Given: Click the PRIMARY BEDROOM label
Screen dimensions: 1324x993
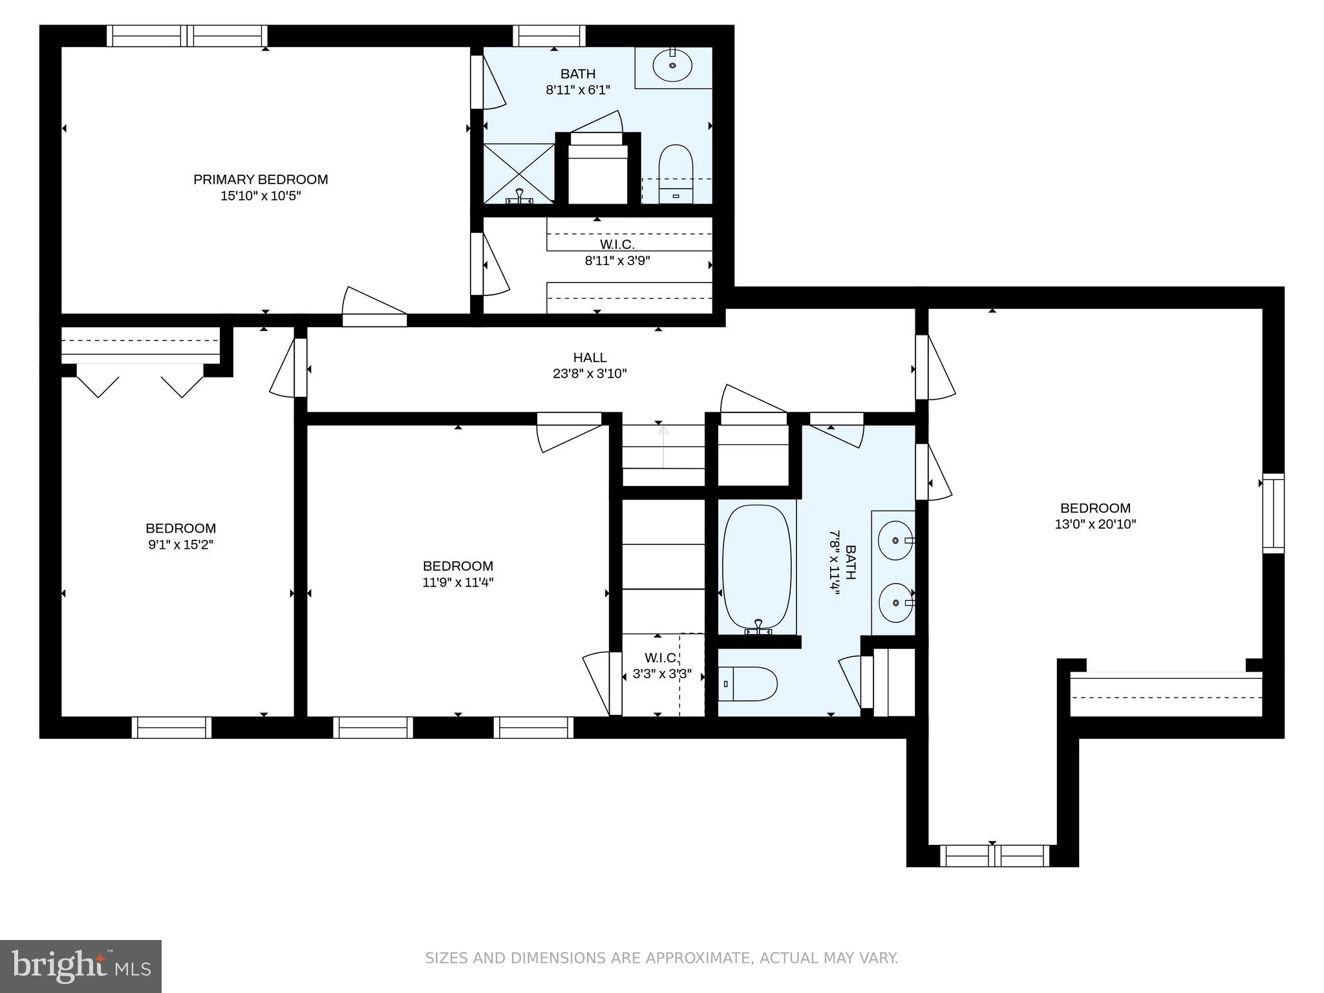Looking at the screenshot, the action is tap(261, 179).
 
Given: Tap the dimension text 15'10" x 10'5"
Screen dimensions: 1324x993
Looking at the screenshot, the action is tap(261, 195).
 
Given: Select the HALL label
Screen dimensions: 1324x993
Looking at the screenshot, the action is tap(590, 357).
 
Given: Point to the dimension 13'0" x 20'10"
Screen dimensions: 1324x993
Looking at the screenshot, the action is tap(1095, 524).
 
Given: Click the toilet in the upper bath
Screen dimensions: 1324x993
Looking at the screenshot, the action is tap(676, 173).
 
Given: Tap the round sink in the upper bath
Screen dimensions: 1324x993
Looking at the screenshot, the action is tap(672, 65).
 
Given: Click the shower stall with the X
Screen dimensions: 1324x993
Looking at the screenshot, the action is tap(519, 173).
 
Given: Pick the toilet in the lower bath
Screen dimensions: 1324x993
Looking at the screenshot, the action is tap(748, 684).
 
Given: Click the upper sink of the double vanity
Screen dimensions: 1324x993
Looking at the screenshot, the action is tap(897, 540).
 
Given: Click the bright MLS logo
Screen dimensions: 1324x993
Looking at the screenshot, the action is tap(81, 966).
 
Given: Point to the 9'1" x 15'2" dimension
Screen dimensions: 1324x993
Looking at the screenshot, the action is tap(180, 544).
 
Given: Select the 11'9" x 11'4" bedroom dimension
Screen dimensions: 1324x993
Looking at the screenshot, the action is tap(458, 582).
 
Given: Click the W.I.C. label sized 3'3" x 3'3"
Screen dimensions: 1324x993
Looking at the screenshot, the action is tap(661, 658).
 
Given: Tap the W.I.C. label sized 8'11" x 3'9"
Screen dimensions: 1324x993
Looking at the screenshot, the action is tap(617, 244).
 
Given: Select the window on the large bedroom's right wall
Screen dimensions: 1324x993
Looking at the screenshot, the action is tap(1274, 513).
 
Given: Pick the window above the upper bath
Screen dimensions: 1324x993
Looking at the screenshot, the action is tap(550, 36).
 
